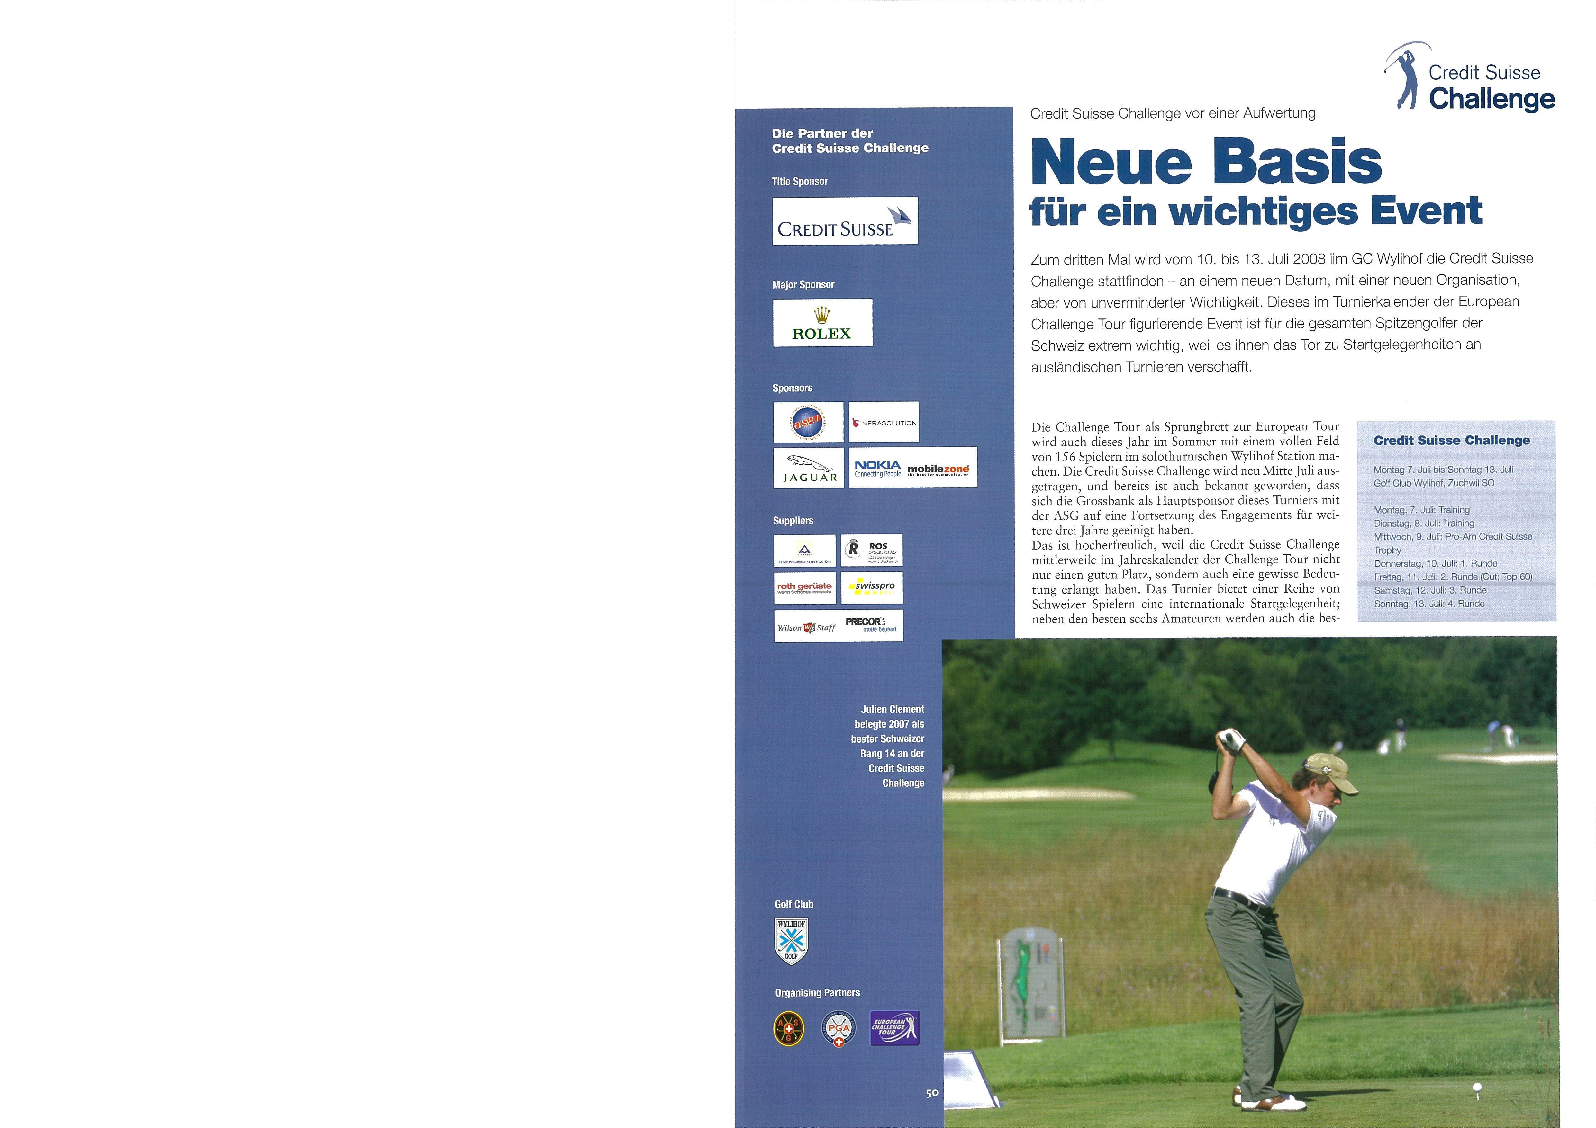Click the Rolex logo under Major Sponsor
point(822,322)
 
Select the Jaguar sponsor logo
point(808,468)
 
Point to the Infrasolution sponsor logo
point(884,422)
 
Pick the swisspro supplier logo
point(872,587)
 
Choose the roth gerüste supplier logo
point(804,587)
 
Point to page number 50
point(932,1093)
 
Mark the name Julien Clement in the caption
point(893,709)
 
